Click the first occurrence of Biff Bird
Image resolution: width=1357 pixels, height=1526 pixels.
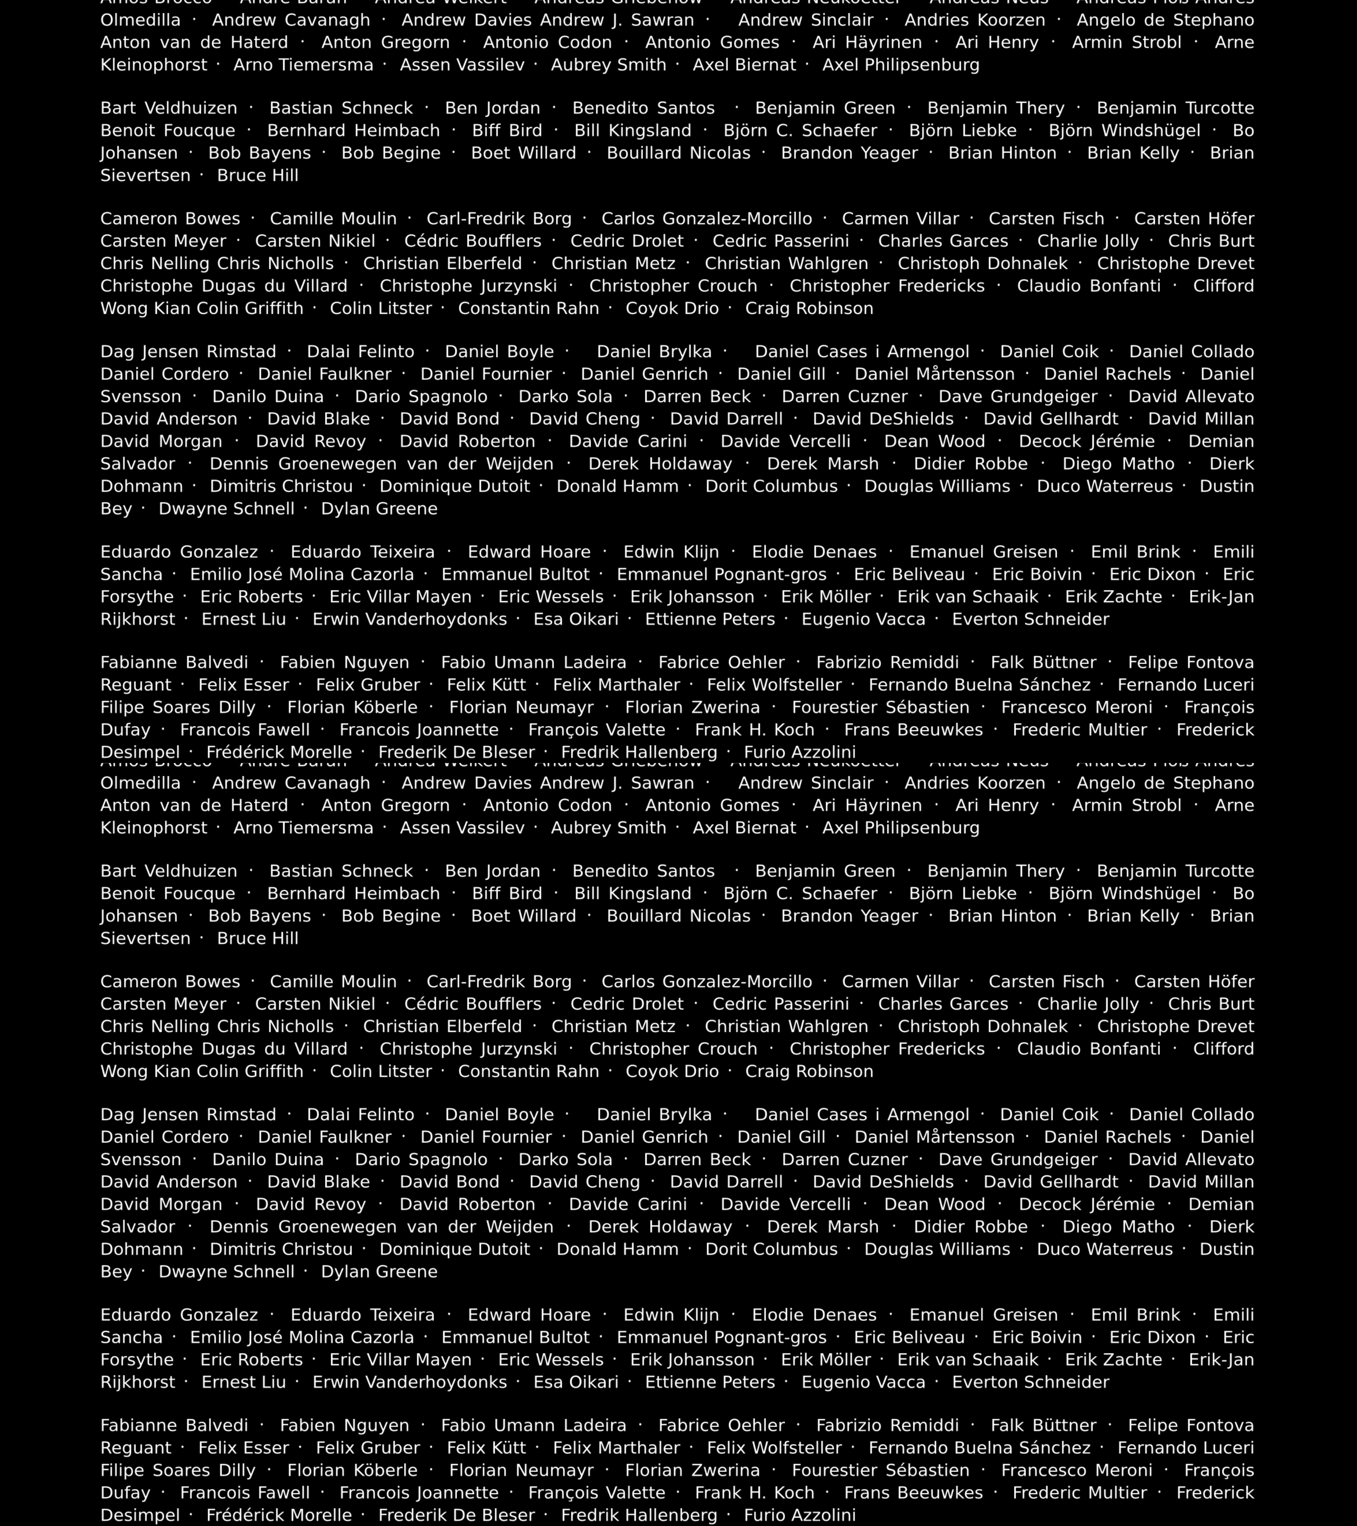click(x=507, y=131)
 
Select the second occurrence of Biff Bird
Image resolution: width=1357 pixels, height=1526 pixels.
click(x=507, y=894)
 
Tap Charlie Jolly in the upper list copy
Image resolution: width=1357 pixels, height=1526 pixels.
click(x=1088, y=241)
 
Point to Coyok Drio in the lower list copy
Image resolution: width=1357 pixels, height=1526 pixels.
click(x=672, y=1071)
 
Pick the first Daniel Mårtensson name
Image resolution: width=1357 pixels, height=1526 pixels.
click(x=934, y=374)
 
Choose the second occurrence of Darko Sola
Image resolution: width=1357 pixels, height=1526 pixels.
click(x=565, y=1159)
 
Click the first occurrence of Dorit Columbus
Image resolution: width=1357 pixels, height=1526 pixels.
click(x=771, y=486)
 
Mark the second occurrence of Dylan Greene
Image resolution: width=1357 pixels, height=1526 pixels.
click(x=379, y=1271)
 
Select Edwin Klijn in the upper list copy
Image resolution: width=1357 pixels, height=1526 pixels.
click(x=671, y=552)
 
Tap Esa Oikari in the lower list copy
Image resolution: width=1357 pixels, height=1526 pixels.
click(x=576, y=1382)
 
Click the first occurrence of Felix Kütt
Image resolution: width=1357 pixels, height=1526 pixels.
click(x=486, y=685)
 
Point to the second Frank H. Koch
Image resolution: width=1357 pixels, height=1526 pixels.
click(x=754, y=1492)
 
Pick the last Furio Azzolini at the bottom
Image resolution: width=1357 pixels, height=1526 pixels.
click(x=800, y=1515)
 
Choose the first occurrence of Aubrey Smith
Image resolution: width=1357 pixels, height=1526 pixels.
click(x=609, y=65)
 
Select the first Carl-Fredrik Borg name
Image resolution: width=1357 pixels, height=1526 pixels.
click(x=499, y=219)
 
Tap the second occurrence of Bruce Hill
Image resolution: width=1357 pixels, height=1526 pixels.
click(x=257, y=938)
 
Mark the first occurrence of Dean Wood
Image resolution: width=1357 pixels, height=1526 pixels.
click(x=934, y=441)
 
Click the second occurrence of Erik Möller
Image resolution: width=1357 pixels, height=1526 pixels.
click(x=826, y=1359)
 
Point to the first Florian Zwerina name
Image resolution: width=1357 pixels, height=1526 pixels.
click(x=692, y=707)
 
